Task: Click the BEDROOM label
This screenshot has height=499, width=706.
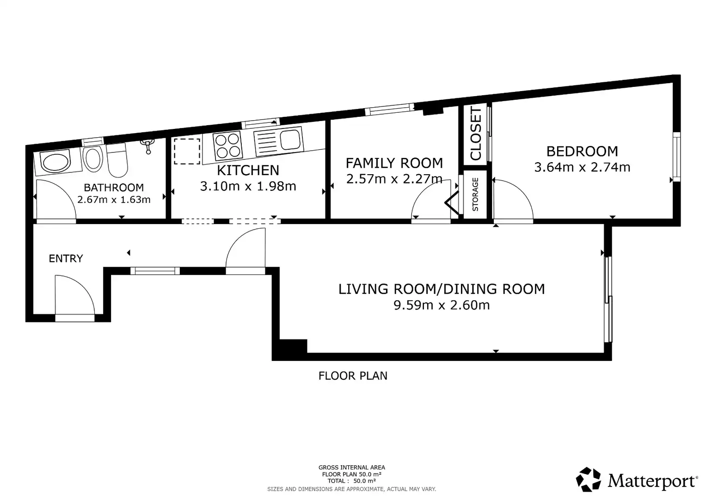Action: pos(582,152)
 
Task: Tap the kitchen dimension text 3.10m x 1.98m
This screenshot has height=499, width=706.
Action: pos(248,186)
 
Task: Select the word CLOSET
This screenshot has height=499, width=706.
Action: pos(476,133)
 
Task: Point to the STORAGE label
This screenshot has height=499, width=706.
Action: pos(475,194)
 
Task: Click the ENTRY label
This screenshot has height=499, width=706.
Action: pos(66,259)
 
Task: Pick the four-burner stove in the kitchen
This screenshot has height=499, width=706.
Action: pos(227,146)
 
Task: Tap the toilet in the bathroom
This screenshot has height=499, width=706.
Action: pos(117,160)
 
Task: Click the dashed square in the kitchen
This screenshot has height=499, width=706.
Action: pos(187,151)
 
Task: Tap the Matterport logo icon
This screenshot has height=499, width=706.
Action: pos(588,480)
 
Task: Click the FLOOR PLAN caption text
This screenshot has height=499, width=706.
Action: pos(353,376)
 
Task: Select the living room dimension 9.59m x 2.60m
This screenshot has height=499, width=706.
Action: pos(442,305)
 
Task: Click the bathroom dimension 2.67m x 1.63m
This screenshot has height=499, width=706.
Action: pos(114,200)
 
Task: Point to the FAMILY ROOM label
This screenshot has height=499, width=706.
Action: pos(394,163)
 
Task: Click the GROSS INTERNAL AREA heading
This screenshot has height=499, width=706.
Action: pos(352,468)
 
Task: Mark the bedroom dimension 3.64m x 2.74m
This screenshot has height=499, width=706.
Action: pos(582,167)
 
